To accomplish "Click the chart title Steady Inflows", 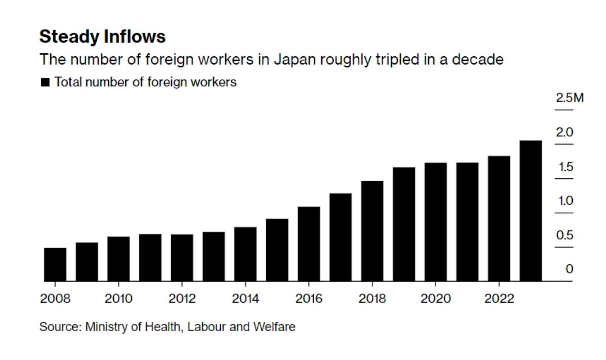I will (x=102, y=37).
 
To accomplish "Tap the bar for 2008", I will (x=55, y=265).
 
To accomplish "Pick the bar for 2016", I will (x=309, y=244).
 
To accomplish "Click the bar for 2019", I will (x=404, y=224).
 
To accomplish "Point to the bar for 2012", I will (x=182, y=258).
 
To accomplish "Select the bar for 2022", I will (x=499, y=218).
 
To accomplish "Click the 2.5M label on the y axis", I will (x=569, y=98).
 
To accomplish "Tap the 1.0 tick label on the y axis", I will (x=565, y=201).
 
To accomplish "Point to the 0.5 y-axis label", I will (x=564, y=235).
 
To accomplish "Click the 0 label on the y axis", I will (x=569, y=269).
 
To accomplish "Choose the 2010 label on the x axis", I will (x=119, y=299).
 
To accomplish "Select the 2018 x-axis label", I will (x=372, y=299).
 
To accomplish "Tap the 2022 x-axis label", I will (x=499, y=299).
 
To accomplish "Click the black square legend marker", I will (x=45, y=83).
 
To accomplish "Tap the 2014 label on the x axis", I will (x=245, y=299).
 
